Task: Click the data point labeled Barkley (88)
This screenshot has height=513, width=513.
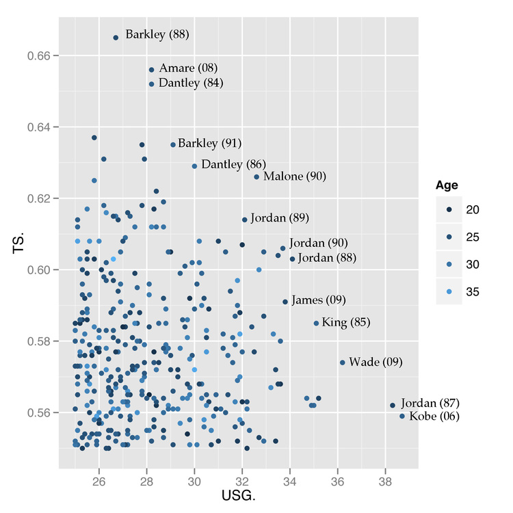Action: (116, 38)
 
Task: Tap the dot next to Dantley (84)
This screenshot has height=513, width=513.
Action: (152, 84)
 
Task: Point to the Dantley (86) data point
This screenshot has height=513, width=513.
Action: (194, 166)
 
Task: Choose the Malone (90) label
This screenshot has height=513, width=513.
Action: (295, 176)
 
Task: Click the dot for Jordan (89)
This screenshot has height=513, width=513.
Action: (244, 220)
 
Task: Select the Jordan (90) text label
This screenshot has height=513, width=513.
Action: (318, 243)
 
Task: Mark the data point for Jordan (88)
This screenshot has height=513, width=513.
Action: (292, 259)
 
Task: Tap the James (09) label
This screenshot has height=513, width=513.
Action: (318, 300)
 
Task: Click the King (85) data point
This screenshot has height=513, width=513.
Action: (316, 324)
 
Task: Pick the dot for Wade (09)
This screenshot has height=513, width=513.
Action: (343, 363)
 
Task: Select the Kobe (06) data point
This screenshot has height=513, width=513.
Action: (402, 416)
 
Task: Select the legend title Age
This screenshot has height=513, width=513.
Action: (447, 185)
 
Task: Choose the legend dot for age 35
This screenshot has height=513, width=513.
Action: (449, 291)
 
